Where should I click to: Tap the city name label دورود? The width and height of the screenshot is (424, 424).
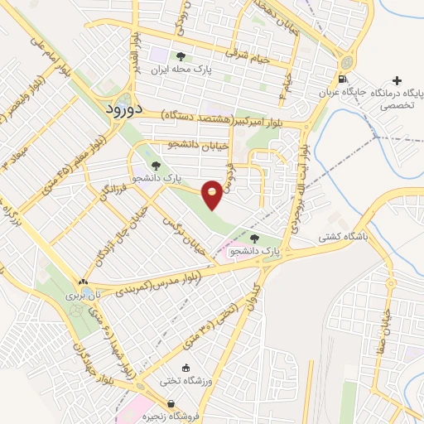pos(128,109)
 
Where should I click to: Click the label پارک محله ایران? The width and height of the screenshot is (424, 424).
pos(210,70)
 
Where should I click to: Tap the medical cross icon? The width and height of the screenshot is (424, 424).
pos(397,81)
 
